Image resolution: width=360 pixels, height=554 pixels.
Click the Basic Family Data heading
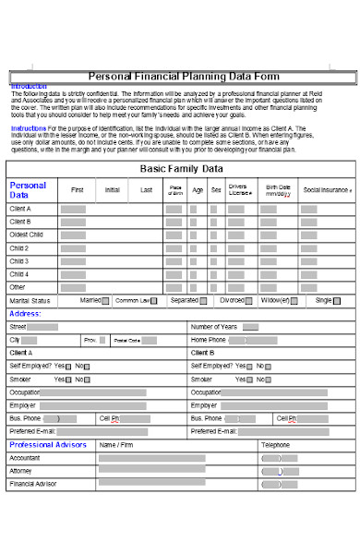point(181,169)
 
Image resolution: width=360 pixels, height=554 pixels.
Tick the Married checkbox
point(105,301)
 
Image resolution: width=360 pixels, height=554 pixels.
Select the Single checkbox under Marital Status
point(339,301)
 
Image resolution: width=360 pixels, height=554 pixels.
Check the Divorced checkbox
point(249,301)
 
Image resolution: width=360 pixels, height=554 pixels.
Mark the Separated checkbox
point(203,301)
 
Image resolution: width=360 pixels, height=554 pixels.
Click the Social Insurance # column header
point(328,189)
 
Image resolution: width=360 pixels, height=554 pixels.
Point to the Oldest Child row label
point(27,235)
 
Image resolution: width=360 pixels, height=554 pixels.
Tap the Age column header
point(198,189)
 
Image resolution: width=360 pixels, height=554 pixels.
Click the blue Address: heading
point(26,314)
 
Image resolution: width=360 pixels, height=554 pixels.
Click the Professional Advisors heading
point(48,445)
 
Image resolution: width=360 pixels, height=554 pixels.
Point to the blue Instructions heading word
point(23,127)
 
